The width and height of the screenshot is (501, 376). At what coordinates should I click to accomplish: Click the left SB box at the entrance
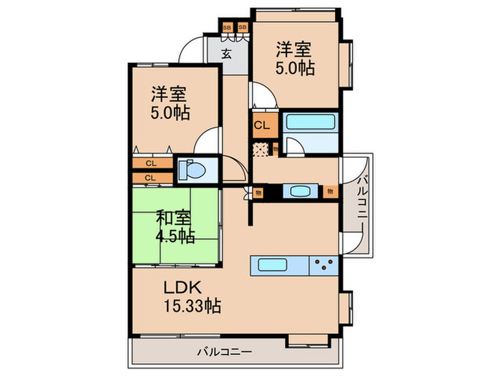227,28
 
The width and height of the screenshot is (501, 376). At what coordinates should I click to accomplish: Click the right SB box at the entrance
241,28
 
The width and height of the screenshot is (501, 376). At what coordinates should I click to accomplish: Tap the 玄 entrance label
226,54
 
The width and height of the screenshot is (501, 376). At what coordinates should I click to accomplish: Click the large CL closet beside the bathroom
262,125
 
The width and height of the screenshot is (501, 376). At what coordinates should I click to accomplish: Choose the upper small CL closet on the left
151,163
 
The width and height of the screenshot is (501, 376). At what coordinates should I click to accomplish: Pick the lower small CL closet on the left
151,177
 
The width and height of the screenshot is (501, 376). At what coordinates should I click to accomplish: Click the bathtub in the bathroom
310,121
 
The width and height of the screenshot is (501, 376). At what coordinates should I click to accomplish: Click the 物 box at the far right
331,191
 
